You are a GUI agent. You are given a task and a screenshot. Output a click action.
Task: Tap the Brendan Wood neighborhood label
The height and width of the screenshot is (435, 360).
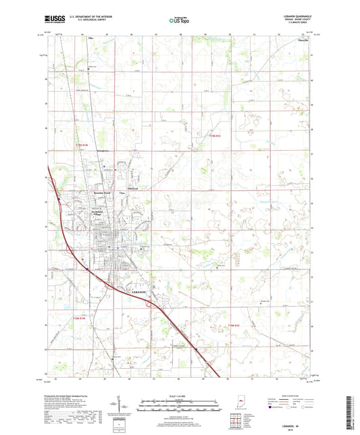pyautogui.click(x=102, y=193)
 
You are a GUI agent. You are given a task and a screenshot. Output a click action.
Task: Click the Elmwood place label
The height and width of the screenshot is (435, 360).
pyautogui.click(x=133, y=188)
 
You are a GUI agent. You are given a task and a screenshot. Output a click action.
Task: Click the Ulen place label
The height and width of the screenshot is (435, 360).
pyautogui.click(x=122, y=194)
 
